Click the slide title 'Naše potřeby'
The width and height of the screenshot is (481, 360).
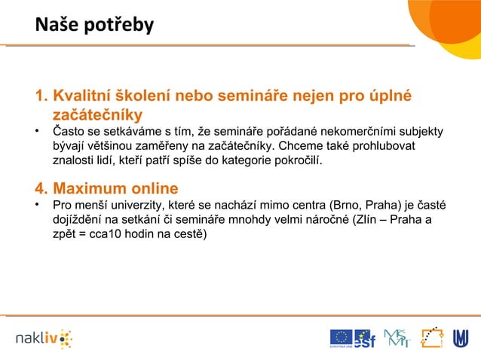(94, 26)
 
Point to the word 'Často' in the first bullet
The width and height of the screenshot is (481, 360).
(68, 133)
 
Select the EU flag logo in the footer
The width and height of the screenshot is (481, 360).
(341, 338)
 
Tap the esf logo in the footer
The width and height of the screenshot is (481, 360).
(365, 338)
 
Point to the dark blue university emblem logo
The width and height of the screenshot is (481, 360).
(460, 338)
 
